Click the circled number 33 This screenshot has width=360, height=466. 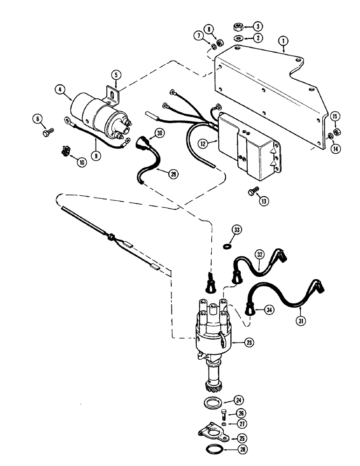coord(238,230)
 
